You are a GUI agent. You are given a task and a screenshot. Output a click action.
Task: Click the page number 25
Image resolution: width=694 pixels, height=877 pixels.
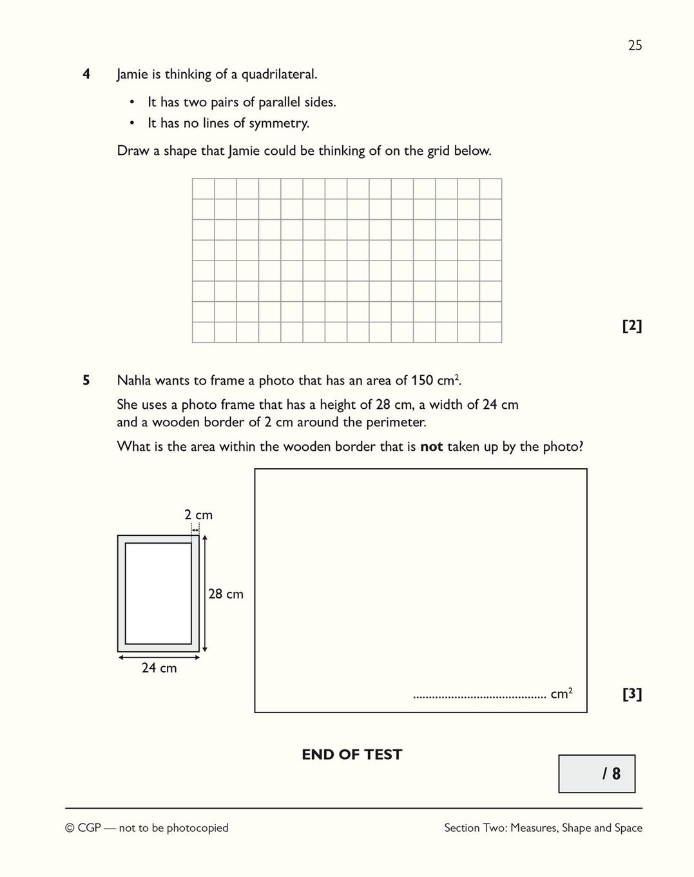635,45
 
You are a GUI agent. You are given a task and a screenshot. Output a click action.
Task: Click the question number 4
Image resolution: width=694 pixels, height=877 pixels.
86,74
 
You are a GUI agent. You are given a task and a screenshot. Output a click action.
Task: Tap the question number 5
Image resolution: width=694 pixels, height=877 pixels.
86,380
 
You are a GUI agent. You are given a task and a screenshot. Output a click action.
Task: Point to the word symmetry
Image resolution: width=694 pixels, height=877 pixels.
278,123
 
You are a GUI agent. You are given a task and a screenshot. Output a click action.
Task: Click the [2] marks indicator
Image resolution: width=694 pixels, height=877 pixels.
631,326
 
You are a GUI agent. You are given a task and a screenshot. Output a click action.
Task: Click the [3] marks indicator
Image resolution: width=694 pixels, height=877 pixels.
631,694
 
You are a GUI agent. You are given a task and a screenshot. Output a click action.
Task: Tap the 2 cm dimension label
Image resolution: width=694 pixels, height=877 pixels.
198,515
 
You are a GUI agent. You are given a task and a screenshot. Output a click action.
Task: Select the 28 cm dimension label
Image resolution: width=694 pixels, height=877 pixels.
226,594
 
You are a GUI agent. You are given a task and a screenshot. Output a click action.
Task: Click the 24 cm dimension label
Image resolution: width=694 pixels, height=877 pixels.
159,668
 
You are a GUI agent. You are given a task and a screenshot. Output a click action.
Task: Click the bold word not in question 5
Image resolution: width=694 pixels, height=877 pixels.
431,447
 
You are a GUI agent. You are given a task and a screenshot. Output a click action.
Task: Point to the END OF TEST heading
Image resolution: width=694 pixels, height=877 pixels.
352,754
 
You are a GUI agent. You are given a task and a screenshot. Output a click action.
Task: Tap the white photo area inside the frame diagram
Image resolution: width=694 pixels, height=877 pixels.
159,593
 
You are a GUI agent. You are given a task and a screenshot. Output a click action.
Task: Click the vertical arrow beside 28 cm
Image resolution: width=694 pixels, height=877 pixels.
204,593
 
